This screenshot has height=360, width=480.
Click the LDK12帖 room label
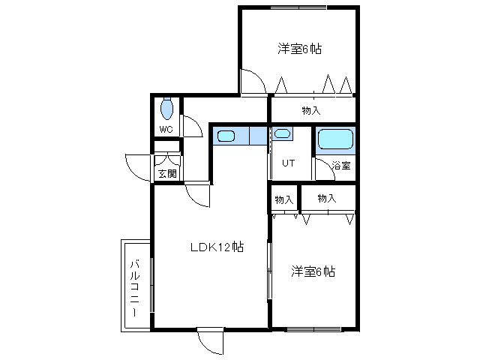[x=217, y=247]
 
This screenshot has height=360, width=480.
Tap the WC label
[x=166, y=129]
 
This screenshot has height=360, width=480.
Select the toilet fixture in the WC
[x=166, y=109]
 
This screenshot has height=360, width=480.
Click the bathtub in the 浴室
[x=335, y=140]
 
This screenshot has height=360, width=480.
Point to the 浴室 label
[x=341, y=166]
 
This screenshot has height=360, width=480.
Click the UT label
[x=288, y=163]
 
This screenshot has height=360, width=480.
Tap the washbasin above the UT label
[x=282, y=134]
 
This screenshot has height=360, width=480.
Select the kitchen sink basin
[x=226, y=136]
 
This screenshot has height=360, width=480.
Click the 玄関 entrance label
[x=166, y=174]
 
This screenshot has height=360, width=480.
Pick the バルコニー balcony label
[x=135, y=287]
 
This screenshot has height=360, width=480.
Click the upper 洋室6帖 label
[x=299, y=49]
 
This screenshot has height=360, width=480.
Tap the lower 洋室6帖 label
[x=313, y=271]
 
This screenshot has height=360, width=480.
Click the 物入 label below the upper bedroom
[x=311, y=110]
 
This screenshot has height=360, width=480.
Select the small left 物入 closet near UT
[x=283, y=199]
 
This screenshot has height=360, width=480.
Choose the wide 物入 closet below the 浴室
[x=326, y=199]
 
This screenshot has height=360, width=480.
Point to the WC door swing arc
[x=192, y=126]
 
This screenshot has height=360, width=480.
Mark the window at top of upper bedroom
[x=299, y=7]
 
